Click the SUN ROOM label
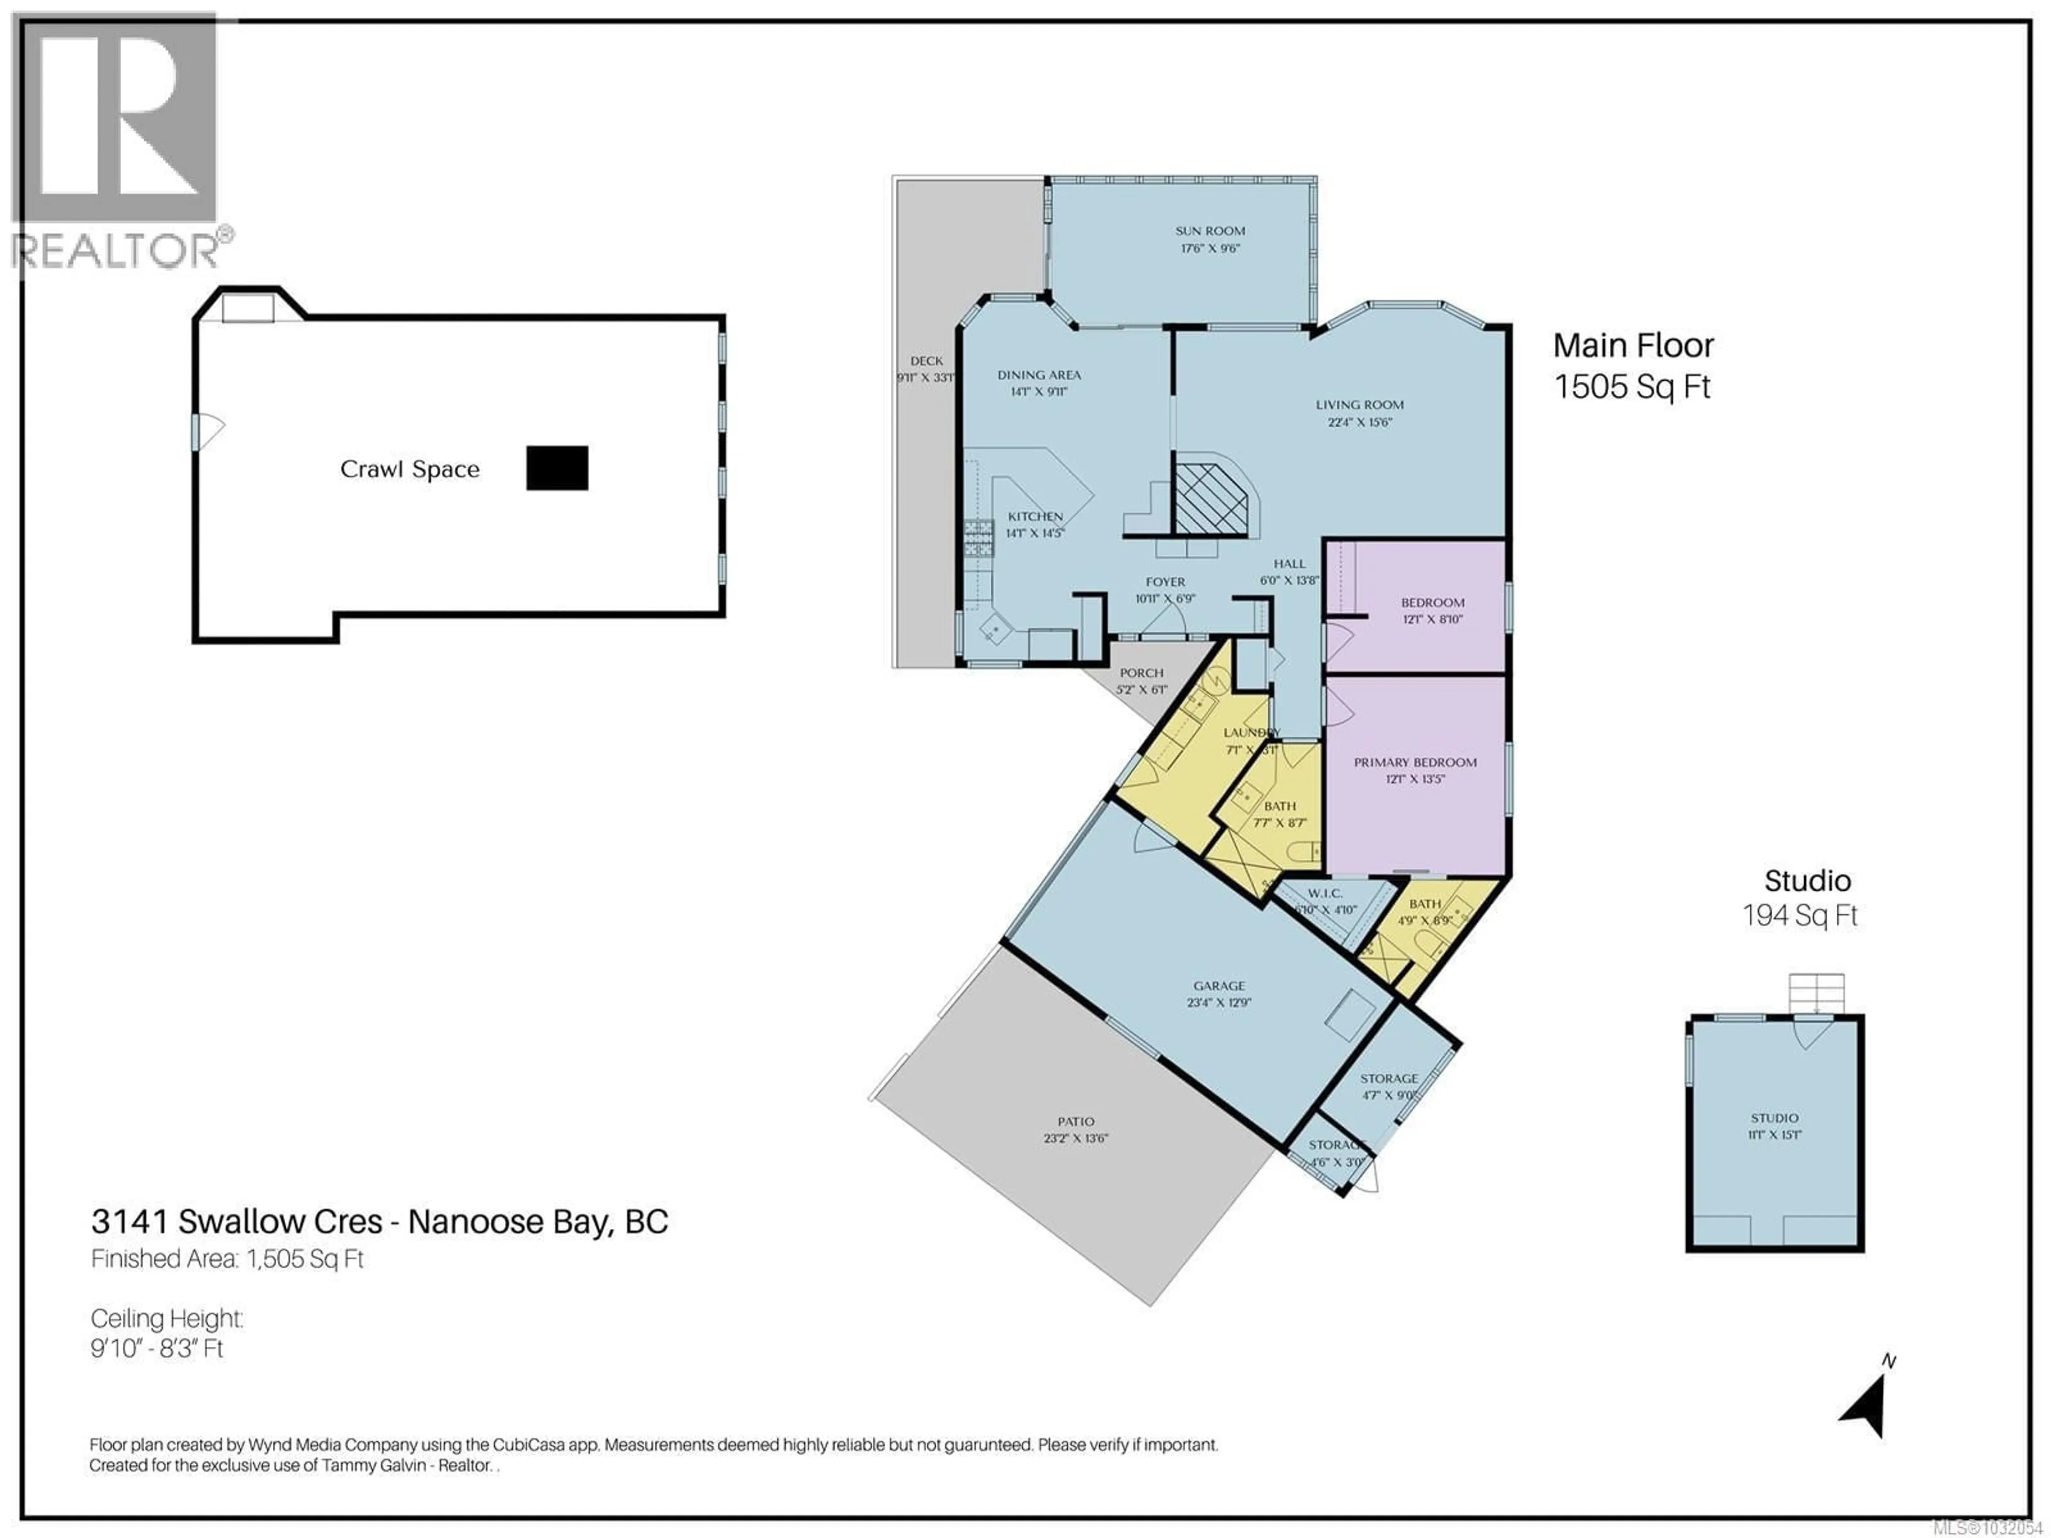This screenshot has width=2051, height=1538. point(1210,231)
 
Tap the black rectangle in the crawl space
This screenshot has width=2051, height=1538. point(557,468)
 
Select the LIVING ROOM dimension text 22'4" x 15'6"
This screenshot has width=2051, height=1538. point(1359,422)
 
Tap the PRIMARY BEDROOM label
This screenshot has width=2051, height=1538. point(1415,762)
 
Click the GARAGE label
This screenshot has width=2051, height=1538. point(1219,985)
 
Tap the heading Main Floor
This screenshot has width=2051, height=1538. point(1633,346)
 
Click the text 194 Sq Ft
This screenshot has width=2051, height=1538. point(1800,916)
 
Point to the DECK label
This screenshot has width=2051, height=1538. point(926,360)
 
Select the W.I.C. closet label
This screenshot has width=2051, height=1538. point(1325,893)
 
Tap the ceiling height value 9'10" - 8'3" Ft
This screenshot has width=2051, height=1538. point(158,1348)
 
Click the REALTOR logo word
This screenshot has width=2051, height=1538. point(116,251)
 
